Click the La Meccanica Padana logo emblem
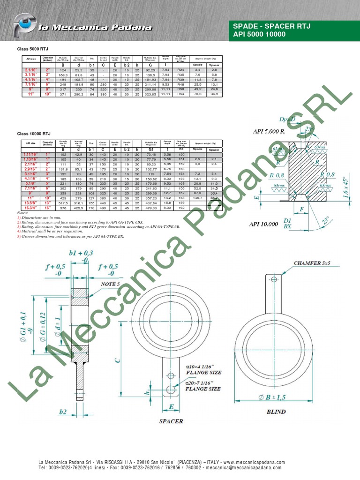pos(24,26)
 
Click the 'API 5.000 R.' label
pos(269,132)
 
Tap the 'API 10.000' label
pos(263,225)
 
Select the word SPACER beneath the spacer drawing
pos(171,421)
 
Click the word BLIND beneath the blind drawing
pos(276,412)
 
